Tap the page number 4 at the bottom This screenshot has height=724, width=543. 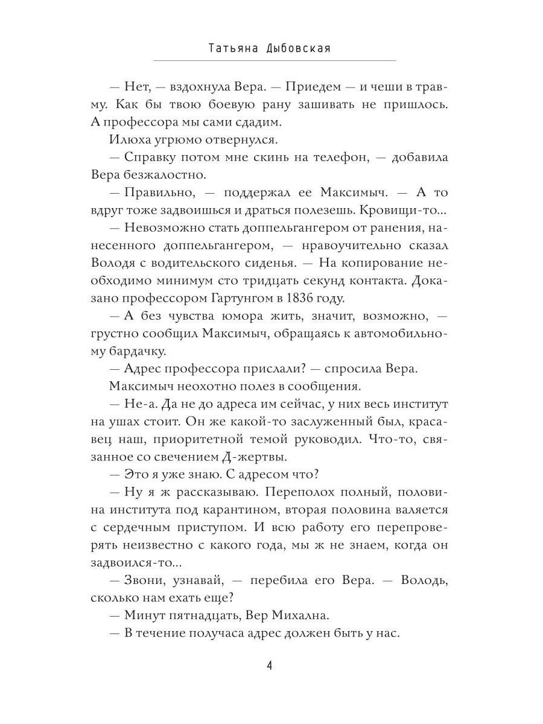tap(270, 666)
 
